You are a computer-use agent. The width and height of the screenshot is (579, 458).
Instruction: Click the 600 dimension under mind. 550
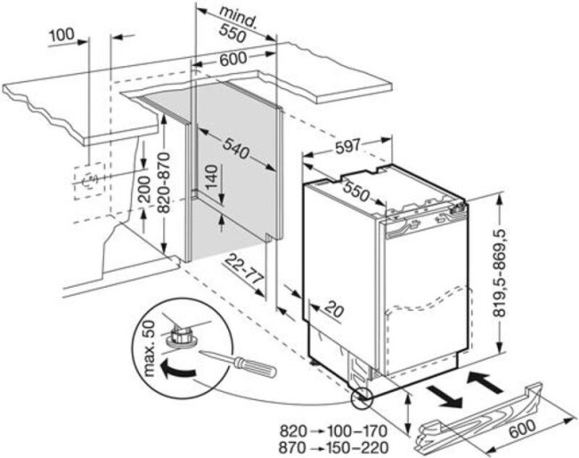tap(234, 60)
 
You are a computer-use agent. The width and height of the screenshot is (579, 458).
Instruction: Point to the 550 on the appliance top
tap(359, 192)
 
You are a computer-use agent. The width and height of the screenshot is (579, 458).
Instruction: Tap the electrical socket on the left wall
tap(89, 181)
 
